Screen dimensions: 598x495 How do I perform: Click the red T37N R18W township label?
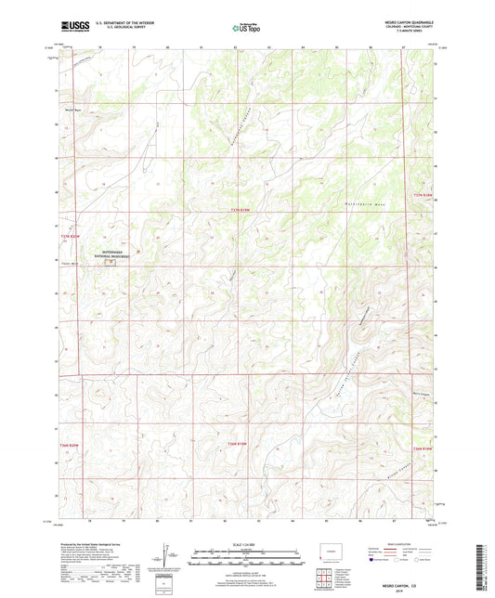pyautogui.click(x=423, y=195)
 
